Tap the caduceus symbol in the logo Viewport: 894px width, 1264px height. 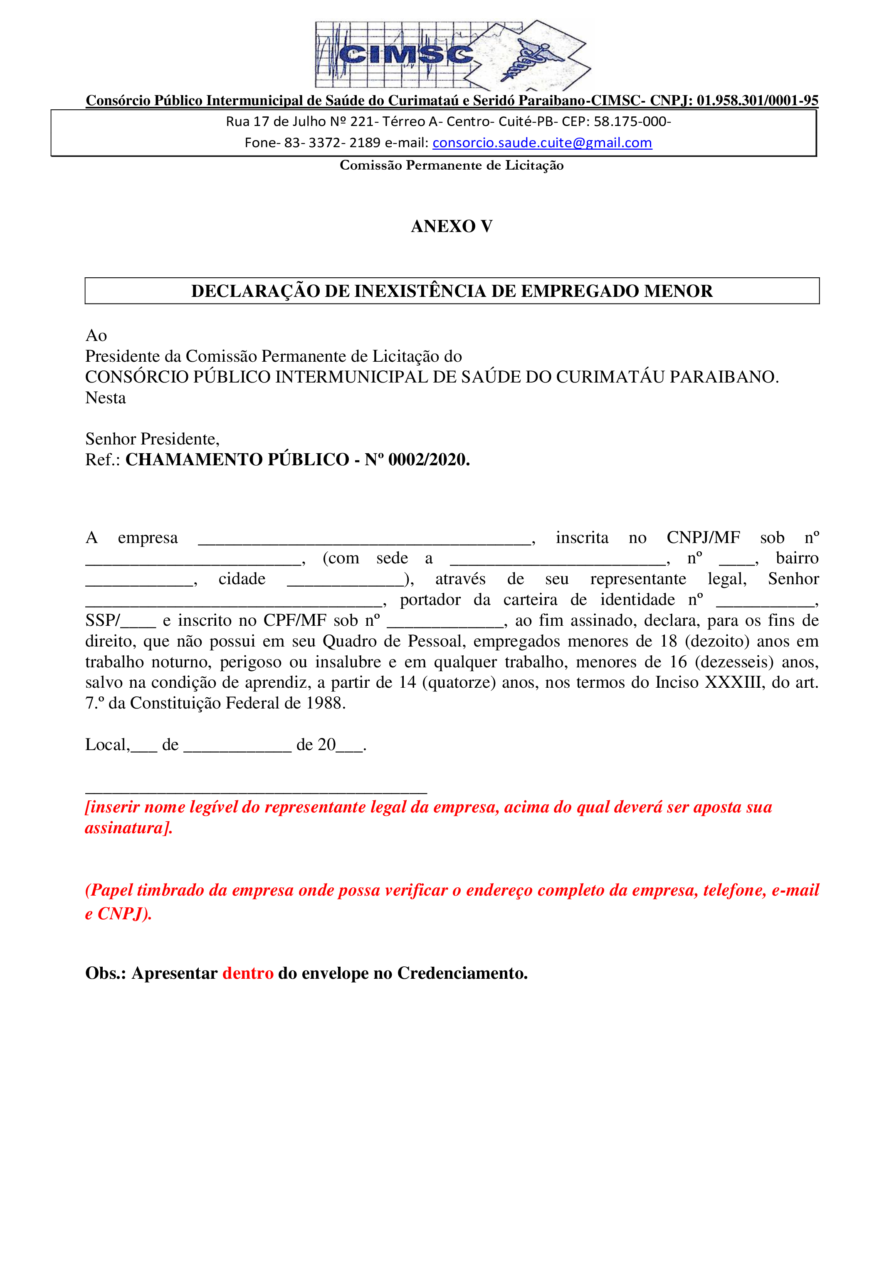(x=531, y=59)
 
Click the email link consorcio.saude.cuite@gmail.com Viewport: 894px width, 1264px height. (x=542, y=143)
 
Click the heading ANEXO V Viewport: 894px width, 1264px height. (x=452, y=226)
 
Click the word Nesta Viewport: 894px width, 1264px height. (x=105, y=397)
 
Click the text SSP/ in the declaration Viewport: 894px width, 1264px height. (x=102, y=620)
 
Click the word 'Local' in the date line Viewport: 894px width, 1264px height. (x=107, y=744)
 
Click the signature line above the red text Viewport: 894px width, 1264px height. (x=256, y=792)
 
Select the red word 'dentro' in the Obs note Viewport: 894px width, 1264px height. (x=248, y=973)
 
